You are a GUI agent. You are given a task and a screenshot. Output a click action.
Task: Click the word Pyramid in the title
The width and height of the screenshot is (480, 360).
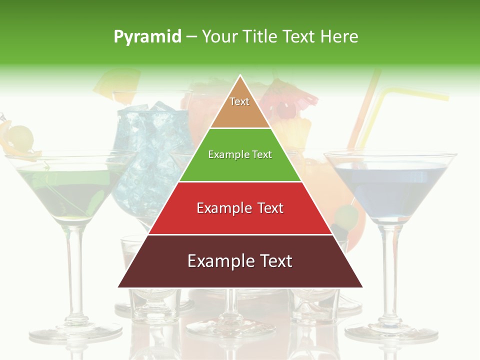[x=147, y=37]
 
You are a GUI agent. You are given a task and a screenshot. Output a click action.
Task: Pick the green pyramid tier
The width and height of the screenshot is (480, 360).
[x=240, y=167]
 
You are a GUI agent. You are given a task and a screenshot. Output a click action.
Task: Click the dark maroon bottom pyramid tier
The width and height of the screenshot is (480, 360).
[x=240, y=275]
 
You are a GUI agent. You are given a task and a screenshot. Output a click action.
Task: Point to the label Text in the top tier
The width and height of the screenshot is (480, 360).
[x=239, y=101]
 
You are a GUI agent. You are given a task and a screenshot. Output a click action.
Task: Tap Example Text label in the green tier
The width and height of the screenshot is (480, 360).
[x=240, y=154]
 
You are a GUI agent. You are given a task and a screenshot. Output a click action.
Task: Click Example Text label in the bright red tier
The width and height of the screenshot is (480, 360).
[x=240, y=208]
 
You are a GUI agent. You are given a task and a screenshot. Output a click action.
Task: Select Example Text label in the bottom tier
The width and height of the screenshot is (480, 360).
[x=240, y=261]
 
